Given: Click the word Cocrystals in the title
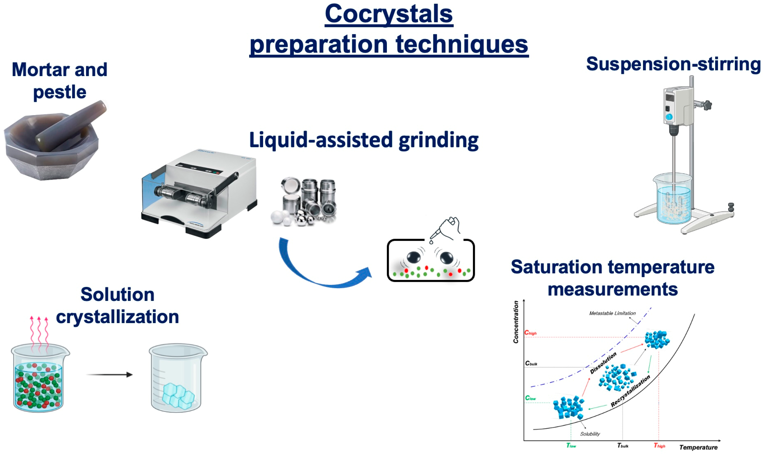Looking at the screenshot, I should point(388,14).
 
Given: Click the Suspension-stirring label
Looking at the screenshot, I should point(673,64).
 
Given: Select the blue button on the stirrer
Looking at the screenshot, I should point(669,117).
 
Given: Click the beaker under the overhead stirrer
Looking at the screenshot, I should point(673,198).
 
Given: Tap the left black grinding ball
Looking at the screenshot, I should point(413,257).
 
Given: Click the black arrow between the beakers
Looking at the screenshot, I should point(109,375).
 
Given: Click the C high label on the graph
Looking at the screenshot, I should point(530,333).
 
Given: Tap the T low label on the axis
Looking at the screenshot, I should point(571,446).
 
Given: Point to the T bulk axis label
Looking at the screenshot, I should point(622,446).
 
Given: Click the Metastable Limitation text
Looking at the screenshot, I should point(612,313).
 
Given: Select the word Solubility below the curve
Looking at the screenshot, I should point(590,434).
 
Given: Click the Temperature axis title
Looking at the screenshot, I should point(698,447).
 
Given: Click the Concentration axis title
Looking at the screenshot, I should point(516,322).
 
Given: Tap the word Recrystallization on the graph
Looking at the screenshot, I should point(630,391).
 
